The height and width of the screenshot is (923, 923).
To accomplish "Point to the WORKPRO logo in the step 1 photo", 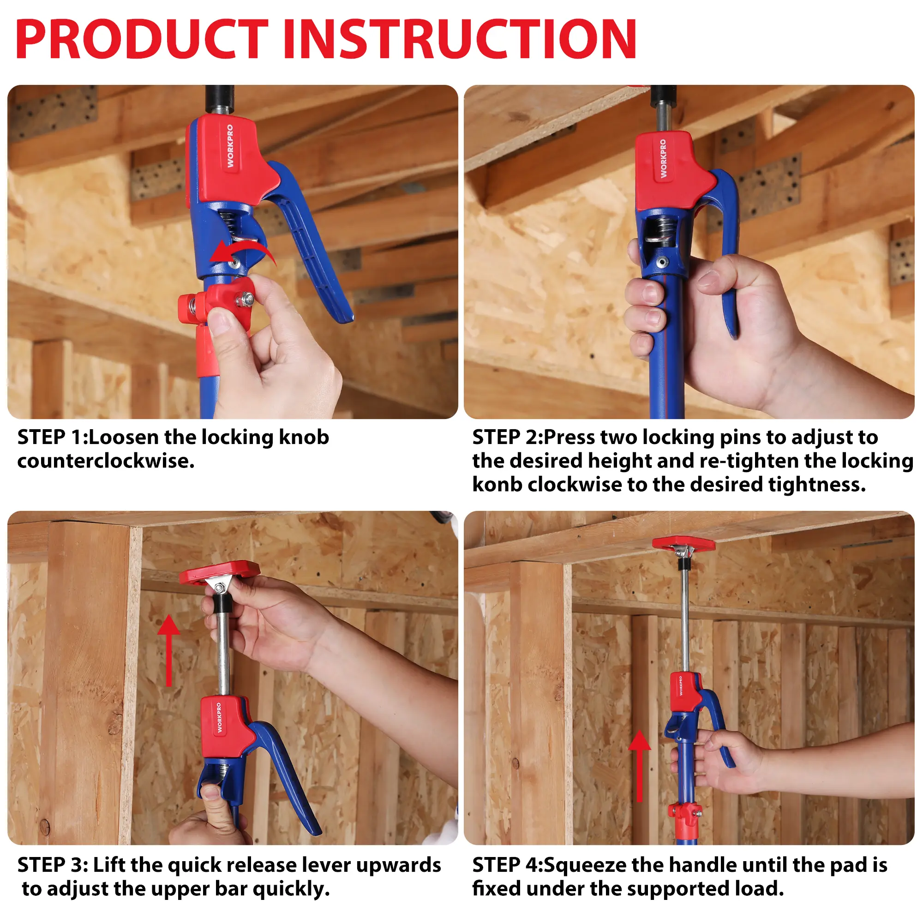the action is (230, 146).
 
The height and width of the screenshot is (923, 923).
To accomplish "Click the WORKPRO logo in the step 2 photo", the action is (663, 159).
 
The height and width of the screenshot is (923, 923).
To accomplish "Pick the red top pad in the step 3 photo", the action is (220, 572).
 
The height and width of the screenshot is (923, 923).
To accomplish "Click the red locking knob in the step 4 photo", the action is (684, 812).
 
